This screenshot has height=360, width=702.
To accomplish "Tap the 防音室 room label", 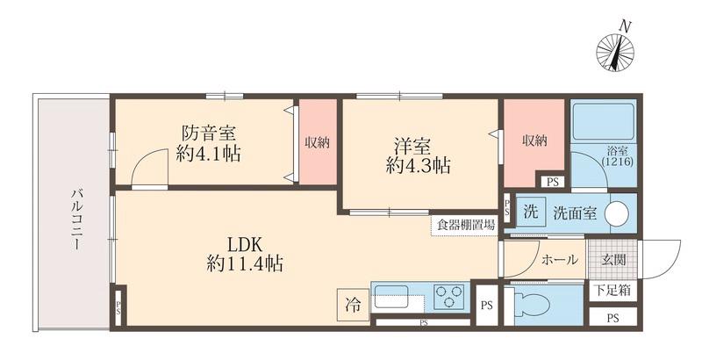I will click(208, 144).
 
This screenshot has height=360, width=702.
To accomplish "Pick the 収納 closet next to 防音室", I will click(317, 141).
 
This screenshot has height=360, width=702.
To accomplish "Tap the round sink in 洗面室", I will click(618, 212).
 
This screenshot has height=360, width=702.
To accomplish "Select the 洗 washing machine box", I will click(530, 212).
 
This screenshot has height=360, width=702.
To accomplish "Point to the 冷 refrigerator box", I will click(352, 306).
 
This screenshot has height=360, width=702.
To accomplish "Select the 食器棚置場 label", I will click(464, 225).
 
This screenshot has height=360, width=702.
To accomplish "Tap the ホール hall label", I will click(560, 260).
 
